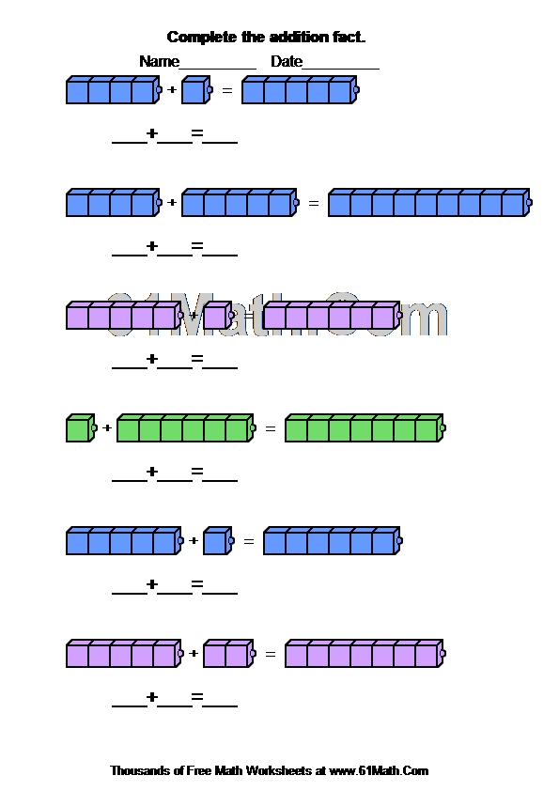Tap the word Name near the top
click(160, 61)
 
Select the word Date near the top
click(287, 61)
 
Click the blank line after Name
click(218, 68)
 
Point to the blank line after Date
click(340, 68)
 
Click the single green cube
click(81, 428)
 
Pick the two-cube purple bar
click(229, 654)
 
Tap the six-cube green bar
click(186, 428)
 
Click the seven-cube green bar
click(365, 428)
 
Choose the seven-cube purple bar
click(365, 654)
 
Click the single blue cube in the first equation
click(196, 90)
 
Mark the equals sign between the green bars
click(271, 428)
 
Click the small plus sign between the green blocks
click(107, 428)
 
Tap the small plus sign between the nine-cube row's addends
click(172, 203)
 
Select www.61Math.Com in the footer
click(379, 771)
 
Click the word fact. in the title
click(349, 38)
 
